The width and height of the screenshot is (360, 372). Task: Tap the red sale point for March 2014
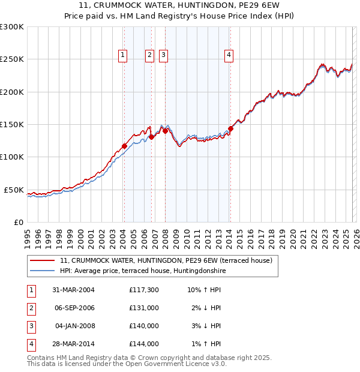tap(230, 128)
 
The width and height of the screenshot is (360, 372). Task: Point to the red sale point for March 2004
tap(124, 145)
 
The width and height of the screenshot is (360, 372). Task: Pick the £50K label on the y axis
tap(14, 190)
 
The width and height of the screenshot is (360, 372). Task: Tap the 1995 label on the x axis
tap(27, 237)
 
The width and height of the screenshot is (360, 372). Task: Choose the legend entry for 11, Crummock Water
tap(166, 260)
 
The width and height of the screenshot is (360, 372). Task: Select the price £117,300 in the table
tap(144, 290)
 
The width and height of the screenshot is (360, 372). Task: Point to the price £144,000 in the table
tap(144, 344)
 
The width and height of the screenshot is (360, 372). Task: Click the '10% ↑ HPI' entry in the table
tap(204, 290)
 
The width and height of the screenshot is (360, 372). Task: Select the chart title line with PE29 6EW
tap(179, 6)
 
